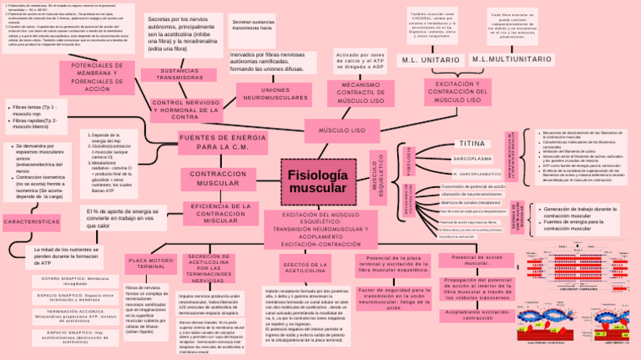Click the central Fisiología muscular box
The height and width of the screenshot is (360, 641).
tap(317, 182)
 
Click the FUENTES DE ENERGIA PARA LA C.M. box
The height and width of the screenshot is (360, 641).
tap(210, 142)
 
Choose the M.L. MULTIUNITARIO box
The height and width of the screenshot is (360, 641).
tap(512, 60)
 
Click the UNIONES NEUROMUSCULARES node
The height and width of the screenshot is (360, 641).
tap(275, 94)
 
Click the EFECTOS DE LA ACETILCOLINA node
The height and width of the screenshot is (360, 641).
tap(309, 267)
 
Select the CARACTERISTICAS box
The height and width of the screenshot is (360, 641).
tap(31, 222)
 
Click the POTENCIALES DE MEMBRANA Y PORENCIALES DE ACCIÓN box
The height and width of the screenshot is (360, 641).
tap(86, 77)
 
